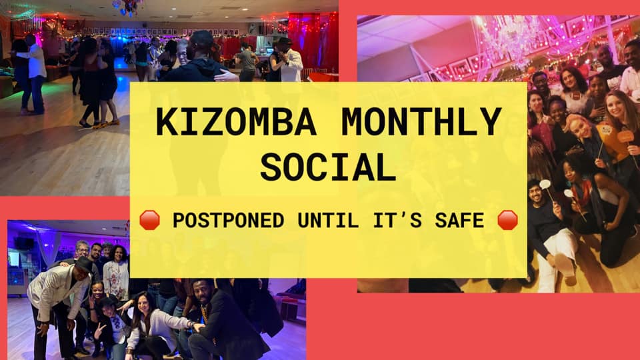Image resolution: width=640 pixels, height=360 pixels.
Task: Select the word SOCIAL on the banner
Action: [329, 167]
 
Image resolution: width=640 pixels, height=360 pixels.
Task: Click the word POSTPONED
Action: [228, 221]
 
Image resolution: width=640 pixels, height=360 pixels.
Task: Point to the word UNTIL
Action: [328, 221]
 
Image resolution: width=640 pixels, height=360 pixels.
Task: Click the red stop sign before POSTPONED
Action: [149, 220]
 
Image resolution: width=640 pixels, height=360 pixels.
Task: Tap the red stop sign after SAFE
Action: [507, 220]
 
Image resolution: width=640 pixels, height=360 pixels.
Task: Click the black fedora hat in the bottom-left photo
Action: [84, 265]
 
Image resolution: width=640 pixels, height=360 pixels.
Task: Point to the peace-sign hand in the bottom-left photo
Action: [99, 329]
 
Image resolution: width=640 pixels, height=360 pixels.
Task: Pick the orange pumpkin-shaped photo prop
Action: [626, 136]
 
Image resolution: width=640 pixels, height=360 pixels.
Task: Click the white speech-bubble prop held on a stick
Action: [545, 185]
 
